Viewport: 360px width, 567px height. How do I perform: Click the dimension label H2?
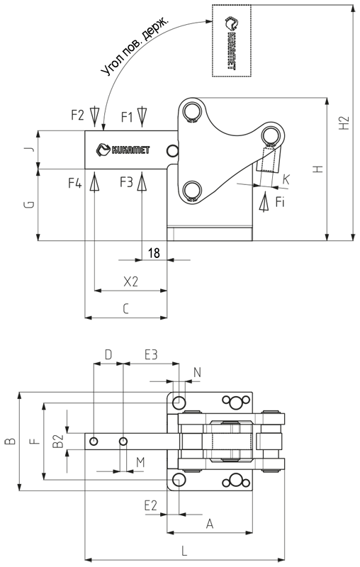point(345,123)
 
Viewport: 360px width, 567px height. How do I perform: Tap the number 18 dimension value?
point(154,253)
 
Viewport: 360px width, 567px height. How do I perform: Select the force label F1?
point(127,117)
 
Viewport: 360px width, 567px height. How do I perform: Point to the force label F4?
point(75,184)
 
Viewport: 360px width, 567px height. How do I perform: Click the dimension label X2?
point(131,281)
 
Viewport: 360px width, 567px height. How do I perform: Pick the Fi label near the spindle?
point(280,202)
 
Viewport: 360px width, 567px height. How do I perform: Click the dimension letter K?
point(286,179)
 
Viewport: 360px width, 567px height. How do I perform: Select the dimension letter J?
point(30,149)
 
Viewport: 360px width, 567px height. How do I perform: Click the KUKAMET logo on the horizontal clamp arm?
point(123,150)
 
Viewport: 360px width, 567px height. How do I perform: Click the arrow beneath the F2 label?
point(94,116)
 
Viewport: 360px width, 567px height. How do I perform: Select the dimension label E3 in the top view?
point(151,354)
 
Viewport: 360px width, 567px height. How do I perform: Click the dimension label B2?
point(58,441)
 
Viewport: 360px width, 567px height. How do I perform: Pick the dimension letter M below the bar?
point(140,462)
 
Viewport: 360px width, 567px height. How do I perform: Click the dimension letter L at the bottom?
point(184,551)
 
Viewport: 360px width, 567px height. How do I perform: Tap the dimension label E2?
point(151,505)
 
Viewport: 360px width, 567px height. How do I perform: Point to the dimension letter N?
point(197,372)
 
